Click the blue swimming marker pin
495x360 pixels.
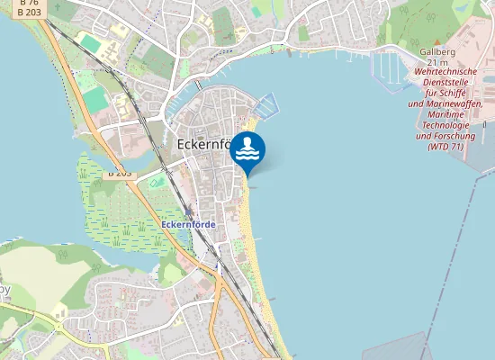[x=247, y=151]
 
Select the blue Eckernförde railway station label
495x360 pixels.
[x=188, y=223]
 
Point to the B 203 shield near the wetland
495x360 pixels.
[x=119, y=172]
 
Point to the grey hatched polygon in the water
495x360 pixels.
[x=396, y=346]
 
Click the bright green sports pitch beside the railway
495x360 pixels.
[x=94, y=99]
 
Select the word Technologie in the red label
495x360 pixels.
[x=445, y=125]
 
